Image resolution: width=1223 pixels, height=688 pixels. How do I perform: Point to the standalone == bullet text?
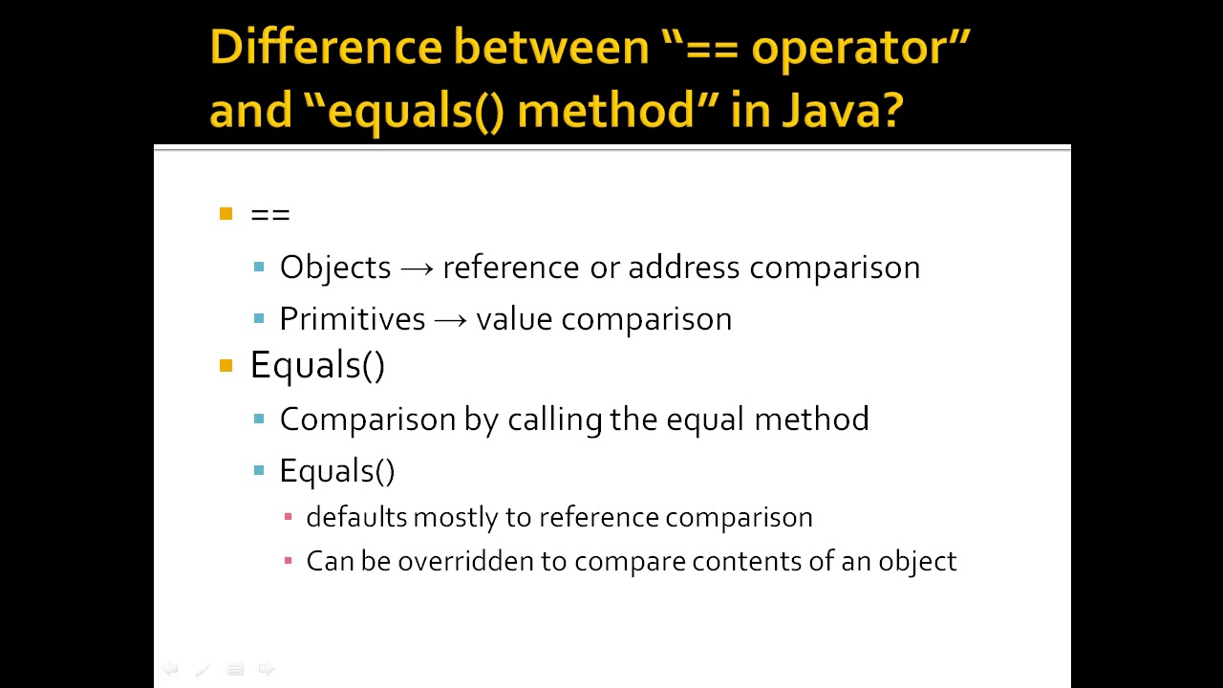tap(269, 215)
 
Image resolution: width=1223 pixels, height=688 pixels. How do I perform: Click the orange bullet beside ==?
tap(225, 214)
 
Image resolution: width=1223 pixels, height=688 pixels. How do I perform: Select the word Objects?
tap(335, 268)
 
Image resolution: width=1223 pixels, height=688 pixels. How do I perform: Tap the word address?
tap(683, 268)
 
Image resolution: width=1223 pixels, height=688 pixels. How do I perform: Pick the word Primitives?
tap(352, 319)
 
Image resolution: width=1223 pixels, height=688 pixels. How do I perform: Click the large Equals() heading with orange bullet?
tap(317, 365)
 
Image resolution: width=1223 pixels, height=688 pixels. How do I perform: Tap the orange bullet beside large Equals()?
tap(225, 366)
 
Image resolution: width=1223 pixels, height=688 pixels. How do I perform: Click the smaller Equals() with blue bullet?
tap(336, 471)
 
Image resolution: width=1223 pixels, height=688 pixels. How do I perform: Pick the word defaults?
tap(356, 518)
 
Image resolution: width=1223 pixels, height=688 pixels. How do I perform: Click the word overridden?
tap(466, 561)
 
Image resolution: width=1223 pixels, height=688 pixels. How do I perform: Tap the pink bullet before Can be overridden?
tap(289, 561)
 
